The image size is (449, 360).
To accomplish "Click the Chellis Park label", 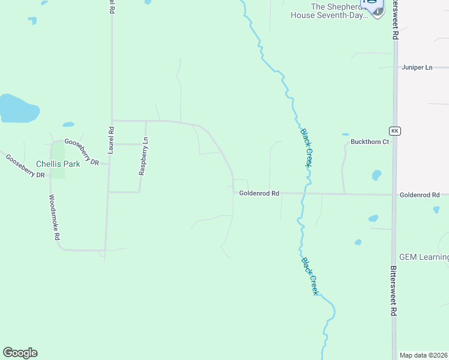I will tap(58, 163).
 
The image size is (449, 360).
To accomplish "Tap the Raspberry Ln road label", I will tap(143, 156).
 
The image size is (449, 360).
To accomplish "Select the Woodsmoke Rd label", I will tap(54, 217).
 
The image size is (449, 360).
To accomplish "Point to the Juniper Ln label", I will tap(417, 67).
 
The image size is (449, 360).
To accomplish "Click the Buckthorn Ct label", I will tap(370, 142).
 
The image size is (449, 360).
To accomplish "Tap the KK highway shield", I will tap(394, 130).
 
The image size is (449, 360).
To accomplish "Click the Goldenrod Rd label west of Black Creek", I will tap(259, 193).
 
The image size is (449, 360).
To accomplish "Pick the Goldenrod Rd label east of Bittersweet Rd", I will tap(420, 195).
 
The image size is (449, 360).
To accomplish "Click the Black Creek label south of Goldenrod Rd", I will tap(310, 276).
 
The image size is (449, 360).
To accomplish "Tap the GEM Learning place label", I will tap(424, 257).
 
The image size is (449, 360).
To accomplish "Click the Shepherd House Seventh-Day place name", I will tap(329, 11).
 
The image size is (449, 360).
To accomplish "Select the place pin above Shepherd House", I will tap(375, 7).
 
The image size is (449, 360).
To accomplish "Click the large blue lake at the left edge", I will tap(18, 109).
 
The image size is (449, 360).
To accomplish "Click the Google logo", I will tap(20, 353).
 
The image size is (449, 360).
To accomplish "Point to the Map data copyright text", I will tap(423, 355).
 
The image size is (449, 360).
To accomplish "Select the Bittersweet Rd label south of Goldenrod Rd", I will tap(394, 291).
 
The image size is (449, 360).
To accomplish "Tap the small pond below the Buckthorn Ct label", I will tap(376, 175).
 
